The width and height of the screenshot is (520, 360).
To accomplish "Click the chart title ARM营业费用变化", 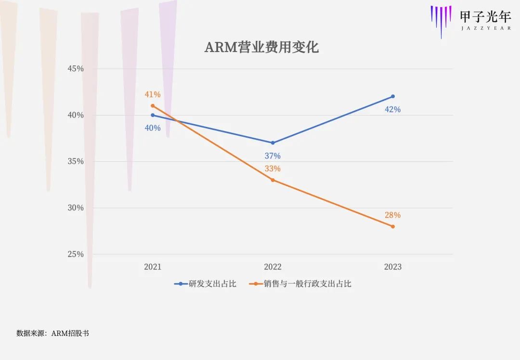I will [261, 47].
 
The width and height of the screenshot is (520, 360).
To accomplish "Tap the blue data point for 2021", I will [153, 115].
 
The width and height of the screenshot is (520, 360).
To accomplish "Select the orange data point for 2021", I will [153, 106].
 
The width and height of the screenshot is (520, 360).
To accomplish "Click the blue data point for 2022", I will [273, 143].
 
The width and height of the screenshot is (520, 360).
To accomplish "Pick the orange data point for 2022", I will [273, 180].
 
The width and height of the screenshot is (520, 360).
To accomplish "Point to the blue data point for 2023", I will [393, 96].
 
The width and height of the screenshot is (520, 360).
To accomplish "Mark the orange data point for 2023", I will [393, 226].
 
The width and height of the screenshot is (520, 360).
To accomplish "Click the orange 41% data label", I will [153, 94].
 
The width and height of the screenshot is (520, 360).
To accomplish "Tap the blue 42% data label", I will [392, 109].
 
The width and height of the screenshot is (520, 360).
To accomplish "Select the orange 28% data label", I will [392, 215].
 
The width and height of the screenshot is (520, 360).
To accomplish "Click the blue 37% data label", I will [273, 156].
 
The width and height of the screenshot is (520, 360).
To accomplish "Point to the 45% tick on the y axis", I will [75, 69].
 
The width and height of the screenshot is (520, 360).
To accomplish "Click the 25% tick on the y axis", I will [75, 254].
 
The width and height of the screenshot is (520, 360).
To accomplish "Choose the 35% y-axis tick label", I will [75, 161].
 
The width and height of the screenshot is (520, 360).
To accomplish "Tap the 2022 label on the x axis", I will [273, 267].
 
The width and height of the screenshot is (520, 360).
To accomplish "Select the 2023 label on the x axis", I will [393, 267].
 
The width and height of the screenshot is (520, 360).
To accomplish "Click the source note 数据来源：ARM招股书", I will [52, 333].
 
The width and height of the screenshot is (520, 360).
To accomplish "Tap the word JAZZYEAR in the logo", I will [485, 28].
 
